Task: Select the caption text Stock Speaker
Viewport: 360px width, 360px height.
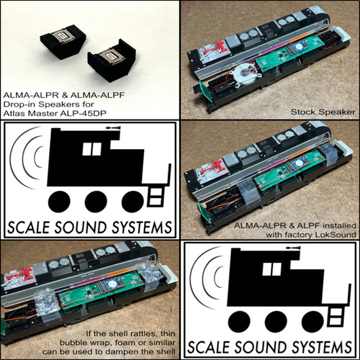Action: point(323,112)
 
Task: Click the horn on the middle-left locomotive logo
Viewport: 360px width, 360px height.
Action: point(114,128)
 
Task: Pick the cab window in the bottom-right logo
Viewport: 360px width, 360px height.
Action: point(271,269)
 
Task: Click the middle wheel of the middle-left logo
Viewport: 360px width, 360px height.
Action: point(96,202)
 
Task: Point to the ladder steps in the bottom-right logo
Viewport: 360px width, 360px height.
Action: point(336,317)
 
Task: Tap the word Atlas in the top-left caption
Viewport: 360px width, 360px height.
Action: point(14,113)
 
